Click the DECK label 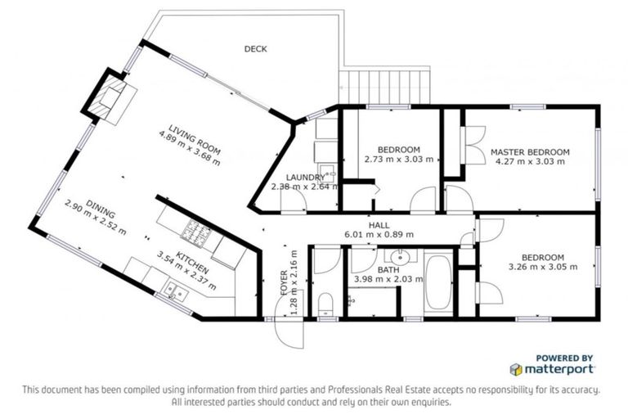(255, 49)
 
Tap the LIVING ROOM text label (195, 140)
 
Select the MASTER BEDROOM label (530, 152)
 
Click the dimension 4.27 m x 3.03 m (530, 161)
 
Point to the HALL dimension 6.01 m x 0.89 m (379, 235)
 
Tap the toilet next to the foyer (325, 304)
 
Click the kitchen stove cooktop (196, 232)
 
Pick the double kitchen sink (177, 291)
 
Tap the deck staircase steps (384, 87)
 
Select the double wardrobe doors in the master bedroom (473, 145)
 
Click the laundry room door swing (294, 200)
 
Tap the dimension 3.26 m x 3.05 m (543, 267)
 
